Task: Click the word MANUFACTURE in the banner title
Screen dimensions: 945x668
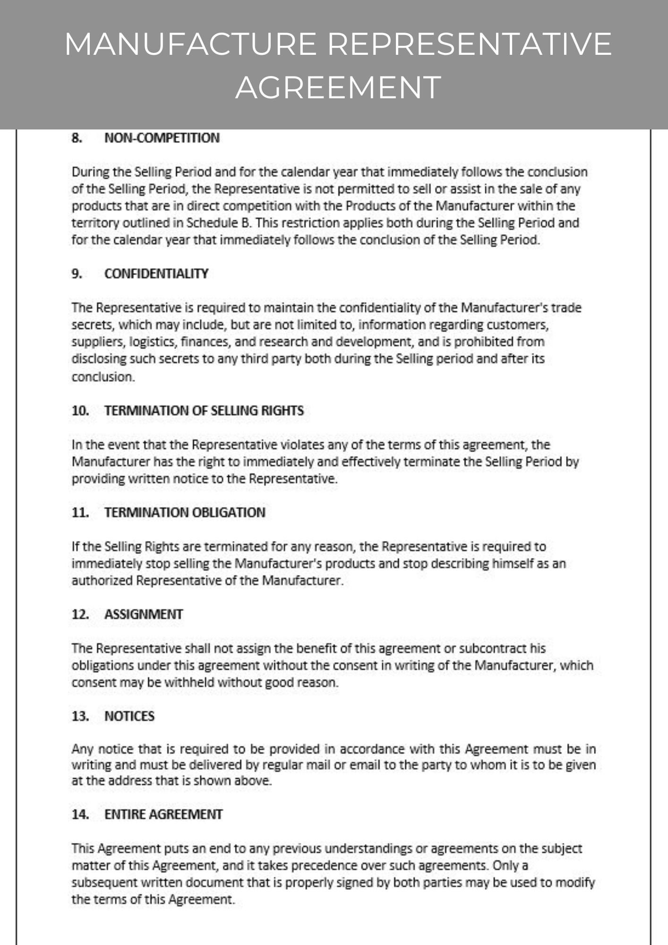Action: coord(190,44)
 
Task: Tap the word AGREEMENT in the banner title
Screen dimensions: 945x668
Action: coord(338,87)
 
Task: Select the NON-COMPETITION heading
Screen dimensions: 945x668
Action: coord(162,138)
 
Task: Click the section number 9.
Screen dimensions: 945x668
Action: coord(77,274)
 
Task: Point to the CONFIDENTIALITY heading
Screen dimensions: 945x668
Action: coord(156,274)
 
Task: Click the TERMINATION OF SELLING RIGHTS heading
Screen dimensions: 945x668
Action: coord(204,411)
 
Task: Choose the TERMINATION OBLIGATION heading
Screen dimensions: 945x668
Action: coord(185,513)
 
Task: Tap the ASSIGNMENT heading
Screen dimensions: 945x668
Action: coord(143,615)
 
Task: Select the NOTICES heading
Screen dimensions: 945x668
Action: coord(129,716)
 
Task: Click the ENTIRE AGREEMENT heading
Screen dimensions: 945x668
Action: coord(163,815)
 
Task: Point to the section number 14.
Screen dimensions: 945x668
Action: coord(80,815)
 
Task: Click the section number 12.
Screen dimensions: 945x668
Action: coord(80,615)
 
